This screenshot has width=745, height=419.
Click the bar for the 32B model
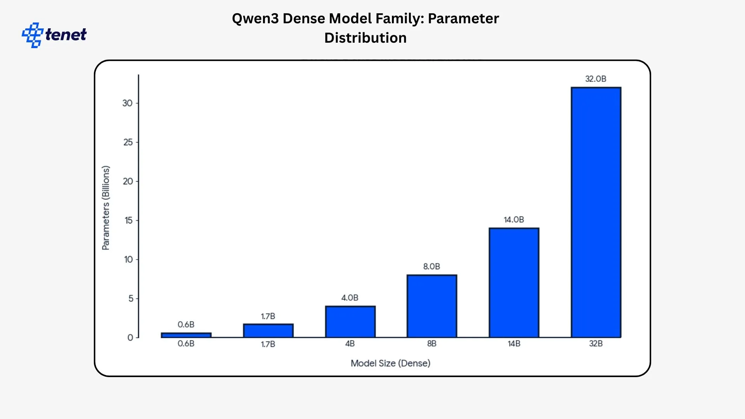596,212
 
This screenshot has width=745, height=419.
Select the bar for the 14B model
514,282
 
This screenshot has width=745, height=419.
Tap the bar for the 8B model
431,306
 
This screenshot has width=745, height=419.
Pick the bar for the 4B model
350,322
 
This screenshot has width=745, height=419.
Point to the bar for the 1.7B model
268,331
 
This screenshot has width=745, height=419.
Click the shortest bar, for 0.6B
186,335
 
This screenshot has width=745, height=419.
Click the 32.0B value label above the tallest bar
596,79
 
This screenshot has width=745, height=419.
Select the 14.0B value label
514,220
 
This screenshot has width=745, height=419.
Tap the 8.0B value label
431,267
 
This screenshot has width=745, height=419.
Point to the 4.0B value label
350,298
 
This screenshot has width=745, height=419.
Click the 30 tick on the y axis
127,103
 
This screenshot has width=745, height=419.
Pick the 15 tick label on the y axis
128,220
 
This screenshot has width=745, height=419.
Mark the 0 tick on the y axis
130,338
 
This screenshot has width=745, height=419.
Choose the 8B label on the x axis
431,344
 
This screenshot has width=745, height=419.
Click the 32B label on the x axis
596,344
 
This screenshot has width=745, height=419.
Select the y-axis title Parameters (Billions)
106,208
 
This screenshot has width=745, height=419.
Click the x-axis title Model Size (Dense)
390,363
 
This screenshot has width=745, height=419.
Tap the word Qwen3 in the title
255,19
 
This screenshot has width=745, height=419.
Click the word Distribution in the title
365,38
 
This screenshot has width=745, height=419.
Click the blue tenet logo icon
32,35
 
